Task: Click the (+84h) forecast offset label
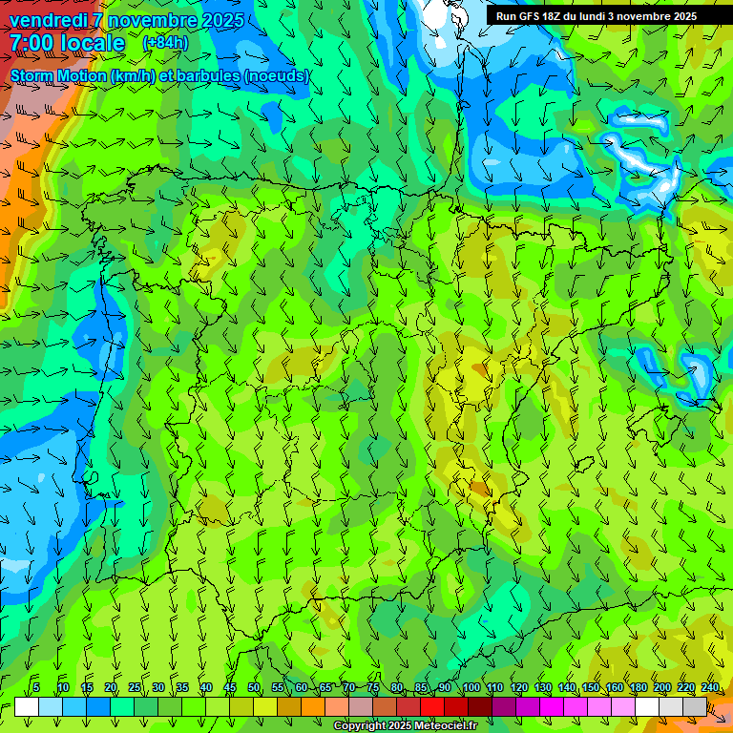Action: click(165, 43)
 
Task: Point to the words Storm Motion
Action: click(58, 75)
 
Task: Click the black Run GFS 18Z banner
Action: click(597, 16)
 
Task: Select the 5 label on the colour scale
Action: click(36, 687)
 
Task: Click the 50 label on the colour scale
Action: click(254, 687)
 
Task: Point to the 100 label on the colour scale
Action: click(471, 687)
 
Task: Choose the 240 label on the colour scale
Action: click(710, 687)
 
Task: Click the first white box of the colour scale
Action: click(27, 706)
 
